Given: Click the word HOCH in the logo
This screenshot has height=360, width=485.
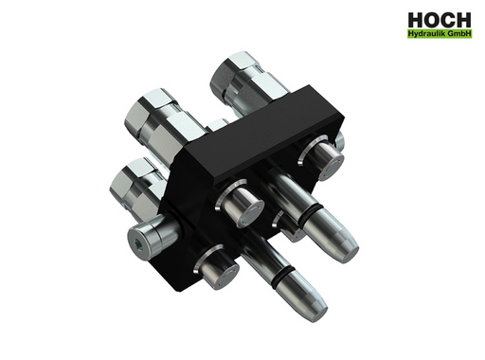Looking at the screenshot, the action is [440, 21].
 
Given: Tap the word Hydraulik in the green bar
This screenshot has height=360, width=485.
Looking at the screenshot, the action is [423, 34].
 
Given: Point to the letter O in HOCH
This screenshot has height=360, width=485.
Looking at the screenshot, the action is [432, 21].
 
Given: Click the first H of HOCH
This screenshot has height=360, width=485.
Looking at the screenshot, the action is [415, 21].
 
